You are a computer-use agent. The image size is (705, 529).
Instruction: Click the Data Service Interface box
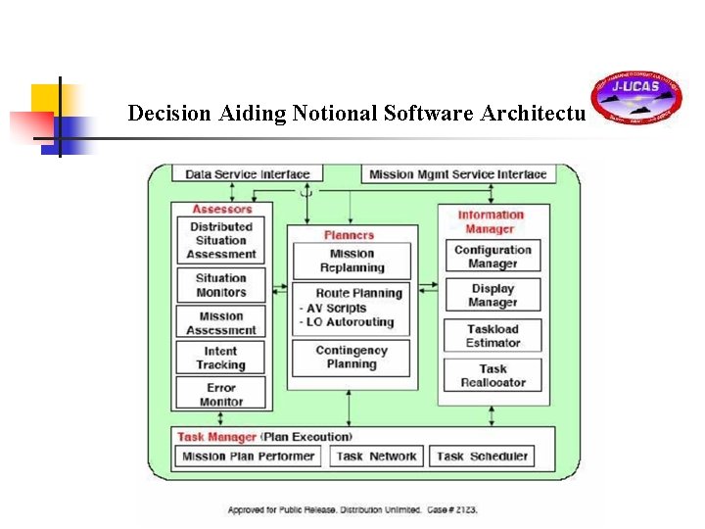tap(247, 174)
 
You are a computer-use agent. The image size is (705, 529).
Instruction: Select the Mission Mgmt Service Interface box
tap(457, 174)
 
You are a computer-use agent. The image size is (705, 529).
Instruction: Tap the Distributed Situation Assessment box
tap(221, 240)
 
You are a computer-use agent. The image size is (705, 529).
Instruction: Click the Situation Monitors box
tap(221, 285)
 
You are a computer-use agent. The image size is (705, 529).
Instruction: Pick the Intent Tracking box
tap(221, 359)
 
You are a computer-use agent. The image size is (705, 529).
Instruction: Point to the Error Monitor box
tap(221, 394)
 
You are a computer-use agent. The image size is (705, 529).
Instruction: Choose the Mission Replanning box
tap(352, 261)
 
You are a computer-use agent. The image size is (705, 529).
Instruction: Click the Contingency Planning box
tap(352, 358)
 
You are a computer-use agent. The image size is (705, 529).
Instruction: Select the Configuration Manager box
tap(493, 257)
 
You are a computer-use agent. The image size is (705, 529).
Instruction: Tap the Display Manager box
tap(493, 296)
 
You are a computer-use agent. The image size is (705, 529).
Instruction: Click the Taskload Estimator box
tap(493, 336)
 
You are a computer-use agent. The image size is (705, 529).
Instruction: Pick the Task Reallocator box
tap(493, 376)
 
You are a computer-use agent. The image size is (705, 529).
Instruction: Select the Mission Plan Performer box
tap(249, 456)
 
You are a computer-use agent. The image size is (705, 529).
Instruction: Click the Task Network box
tap(376, 456)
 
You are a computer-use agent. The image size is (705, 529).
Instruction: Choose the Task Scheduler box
tap(482, 456)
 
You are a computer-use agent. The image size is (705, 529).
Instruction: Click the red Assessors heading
tap(221, 209)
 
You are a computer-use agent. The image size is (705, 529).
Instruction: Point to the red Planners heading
tap(349, 235)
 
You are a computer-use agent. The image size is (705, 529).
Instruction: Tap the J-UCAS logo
tap(636, 99)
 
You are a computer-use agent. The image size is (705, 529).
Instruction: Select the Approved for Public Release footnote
tap(352, 509)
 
